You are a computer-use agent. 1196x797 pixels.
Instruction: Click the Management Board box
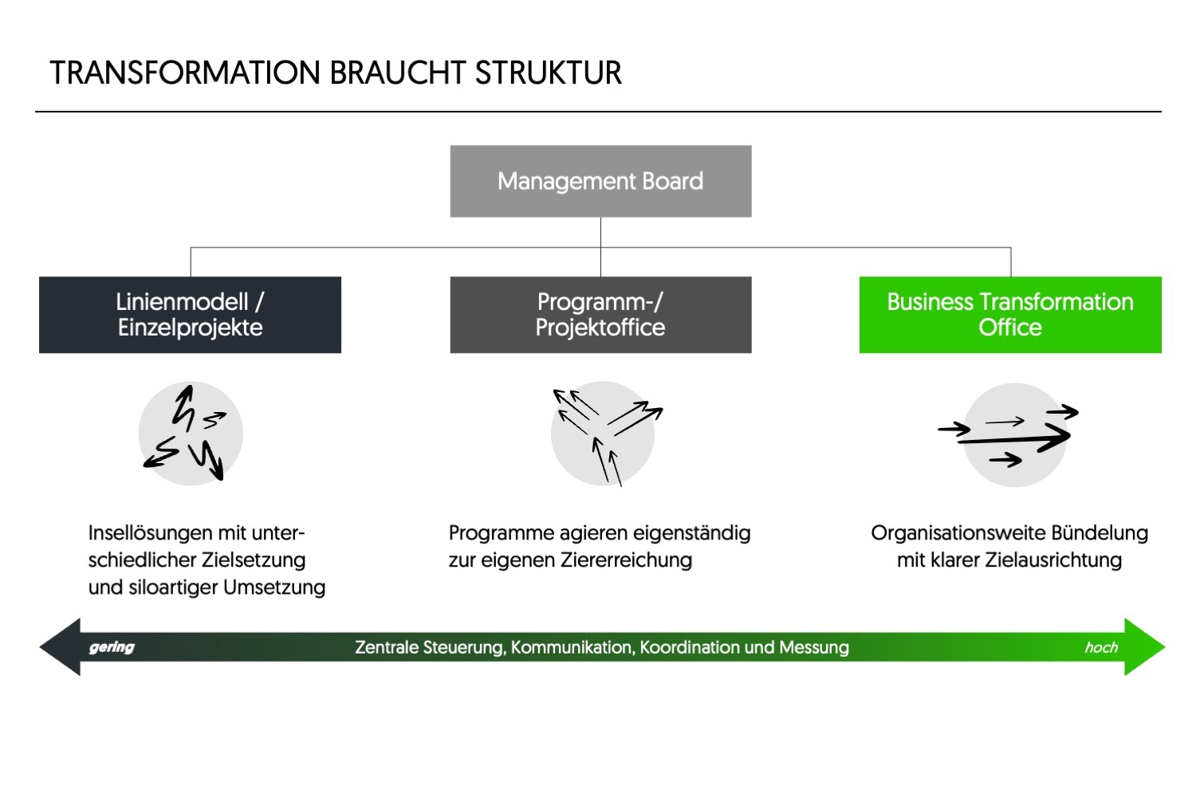tap(600, 181)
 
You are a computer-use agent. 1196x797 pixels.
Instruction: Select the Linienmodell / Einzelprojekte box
tap(190, 315)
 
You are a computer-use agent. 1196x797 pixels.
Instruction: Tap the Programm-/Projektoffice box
tap(600, 315)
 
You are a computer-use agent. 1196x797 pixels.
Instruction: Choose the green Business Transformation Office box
tap(1010, 315)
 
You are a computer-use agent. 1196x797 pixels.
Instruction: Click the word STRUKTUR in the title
tap(548, 73)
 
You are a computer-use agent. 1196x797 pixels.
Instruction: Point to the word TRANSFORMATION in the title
tap(185, 73)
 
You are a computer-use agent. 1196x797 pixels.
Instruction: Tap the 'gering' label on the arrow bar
tap(112, 647)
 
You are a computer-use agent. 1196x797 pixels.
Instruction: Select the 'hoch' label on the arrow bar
tap(1101, 648)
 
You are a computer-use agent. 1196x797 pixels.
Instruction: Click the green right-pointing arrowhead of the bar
tap(1143, 647)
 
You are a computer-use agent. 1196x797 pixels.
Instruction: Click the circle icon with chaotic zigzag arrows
tap(191, 434)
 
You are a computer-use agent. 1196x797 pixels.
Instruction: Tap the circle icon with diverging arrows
tap(603, 434)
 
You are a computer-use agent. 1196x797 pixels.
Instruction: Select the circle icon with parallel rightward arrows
tap(1014, 435)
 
